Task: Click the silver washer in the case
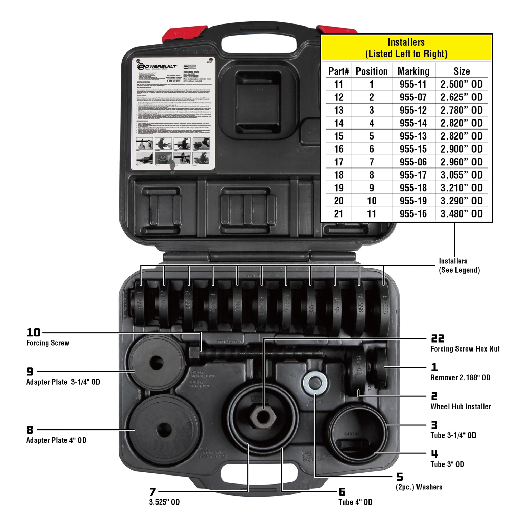click(x=315, y=383)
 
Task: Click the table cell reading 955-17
click(x=413, y=175)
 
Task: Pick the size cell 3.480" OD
click(x=461, y=214)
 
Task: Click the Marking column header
click(x=413, y=71)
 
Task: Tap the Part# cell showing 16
click(x=338, y=149)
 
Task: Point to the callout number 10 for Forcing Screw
click(x=33, y=333)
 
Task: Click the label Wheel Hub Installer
click(x=460, y=406)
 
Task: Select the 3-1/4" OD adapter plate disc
click(x=156, y=363)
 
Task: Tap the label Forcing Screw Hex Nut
click(x=464, y=349)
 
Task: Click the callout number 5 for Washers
click(x=400, y=477)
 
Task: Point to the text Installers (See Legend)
click(x=459, y=266)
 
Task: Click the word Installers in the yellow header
click(x=406, y=42)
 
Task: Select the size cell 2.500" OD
click(x=461, y=84)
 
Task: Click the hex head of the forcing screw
click(x=194, y=354)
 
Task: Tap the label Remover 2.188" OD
click(x=460, y=377)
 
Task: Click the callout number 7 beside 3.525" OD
click(x=153, y=492)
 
